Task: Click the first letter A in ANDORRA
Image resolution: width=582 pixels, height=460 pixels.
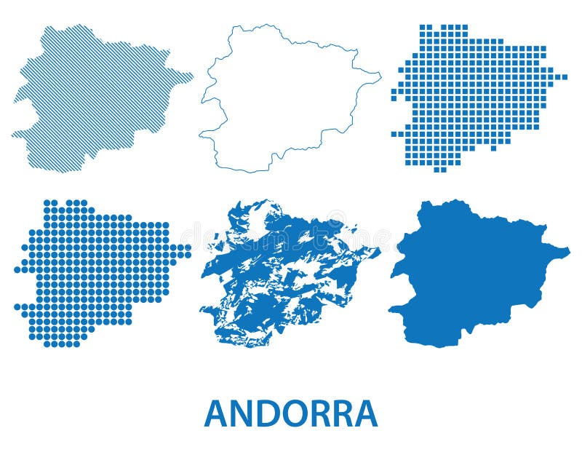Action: coord(218,413)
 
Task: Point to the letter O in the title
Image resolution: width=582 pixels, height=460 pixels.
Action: coord(301,413)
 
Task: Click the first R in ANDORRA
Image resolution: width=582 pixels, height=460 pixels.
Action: coord(328,413)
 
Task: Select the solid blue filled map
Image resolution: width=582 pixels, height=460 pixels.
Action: coord(473,273)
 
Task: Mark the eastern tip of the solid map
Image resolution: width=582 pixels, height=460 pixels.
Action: coord(568,252)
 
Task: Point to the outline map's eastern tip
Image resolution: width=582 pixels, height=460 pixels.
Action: coord(380,74)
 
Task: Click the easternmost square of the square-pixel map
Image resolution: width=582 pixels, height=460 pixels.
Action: coord(565,76)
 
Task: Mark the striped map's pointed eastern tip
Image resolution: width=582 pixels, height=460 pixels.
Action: coord(192,74)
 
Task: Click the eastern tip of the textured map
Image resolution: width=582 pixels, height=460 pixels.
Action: coord(378,250)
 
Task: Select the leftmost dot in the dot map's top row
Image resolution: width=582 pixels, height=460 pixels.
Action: coord(47,203)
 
